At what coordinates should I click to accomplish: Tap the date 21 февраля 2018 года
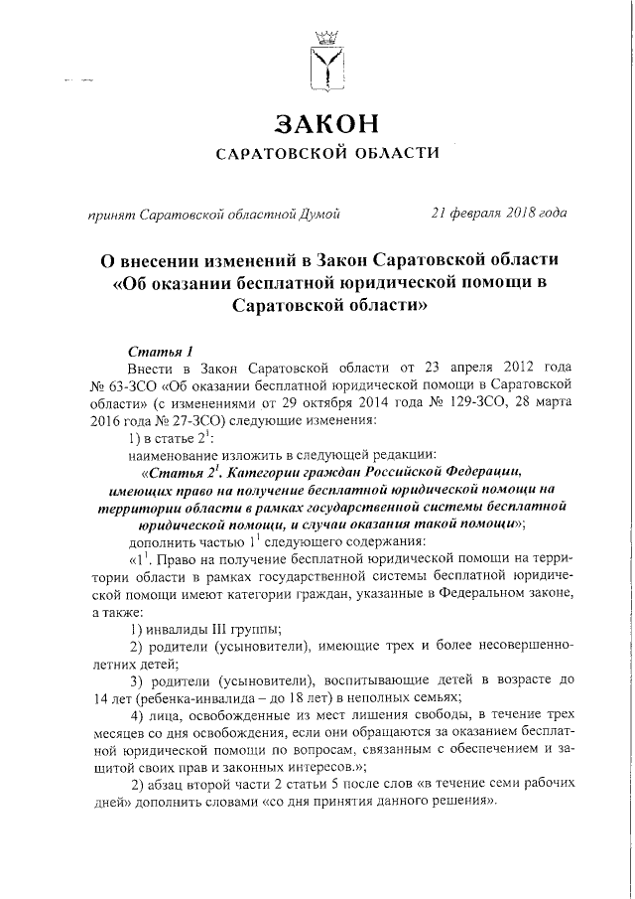coord(498,213)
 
